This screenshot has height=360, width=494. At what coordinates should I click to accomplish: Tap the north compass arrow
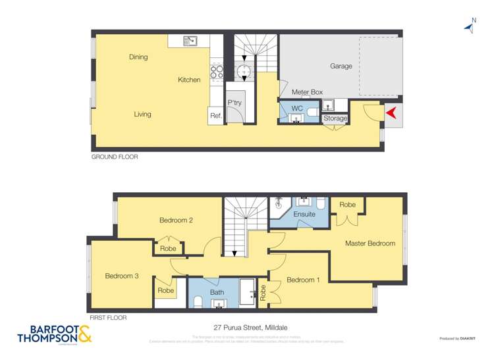[x=470, y=26]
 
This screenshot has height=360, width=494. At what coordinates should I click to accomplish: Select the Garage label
[x=341, y=66]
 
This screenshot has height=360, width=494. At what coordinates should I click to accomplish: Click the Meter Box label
[x=307, y=92]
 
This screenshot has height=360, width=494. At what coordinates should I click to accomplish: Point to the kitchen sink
[x=190, y=41]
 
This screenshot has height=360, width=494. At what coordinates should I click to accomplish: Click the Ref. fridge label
[x=215, y=116]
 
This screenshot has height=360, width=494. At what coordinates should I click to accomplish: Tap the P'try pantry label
[x=234, y=103]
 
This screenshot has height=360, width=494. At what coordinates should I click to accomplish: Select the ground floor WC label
[x=297, y=108]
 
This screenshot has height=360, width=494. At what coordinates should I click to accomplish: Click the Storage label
[x=335, y=118]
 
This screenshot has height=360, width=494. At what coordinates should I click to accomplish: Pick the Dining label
[x=138, y=57]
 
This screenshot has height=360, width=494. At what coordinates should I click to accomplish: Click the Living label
[x=142, y=114]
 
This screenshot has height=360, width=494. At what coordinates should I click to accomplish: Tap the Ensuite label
[x=304, y=214]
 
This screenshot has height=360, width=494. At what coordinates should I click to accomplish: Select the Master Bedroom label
[x=370, y=244]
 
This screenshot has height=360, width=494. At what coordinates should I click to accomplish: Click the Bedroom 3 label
[x=122, y=276]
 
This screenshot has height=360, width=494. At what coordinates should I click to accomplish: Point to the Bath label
[x=217, y=292]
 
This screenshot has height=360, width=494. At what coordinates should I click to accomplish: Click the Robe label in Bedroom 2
[x=168, y=249]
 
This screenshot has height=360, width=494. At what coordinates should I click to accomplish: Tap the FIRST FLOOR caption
[x=107, y=318]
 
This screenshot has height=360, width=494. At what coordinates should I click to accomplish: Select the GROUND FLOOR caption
[x=115, y=157]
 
